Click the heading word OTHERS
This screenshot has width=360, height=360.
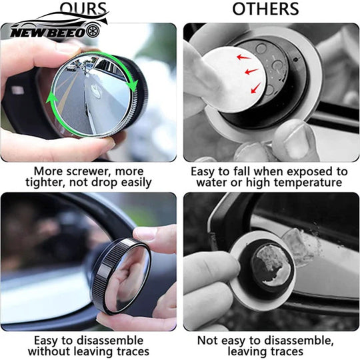pos(265,9)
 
